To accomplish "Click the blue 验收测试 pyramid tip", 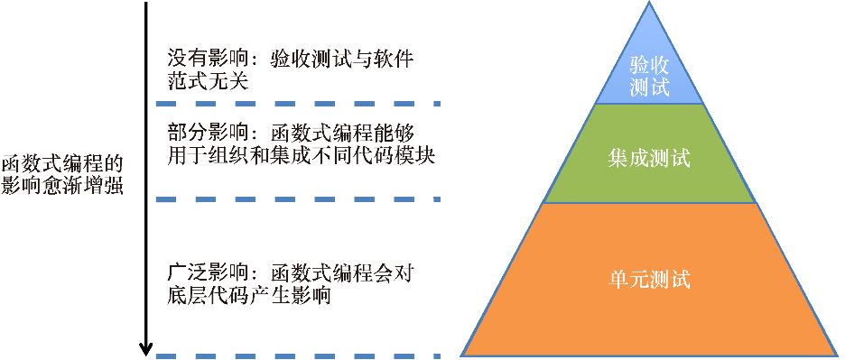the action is pyautogui.click(x=649, y=54).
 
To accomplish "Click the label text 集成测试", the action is pyautogui.click(x=649, y=160).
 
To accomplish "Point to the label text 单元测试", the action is pyautogui.click(x=649, y=279).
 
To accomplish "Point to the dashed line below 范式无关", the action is pyautogui.click(x=298, y=103).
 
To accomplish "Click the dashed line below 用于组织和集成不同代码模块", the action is pyautogui.click(x=298, y=198).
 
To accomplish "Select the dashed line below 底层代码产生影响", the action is pyautogui.click(x=298, y=355).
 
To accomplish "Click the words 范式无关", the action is pyautogui.click(x=208, y=82).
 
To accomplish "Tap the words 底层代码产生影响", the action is pyautogui.click(x=248, y=295).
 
